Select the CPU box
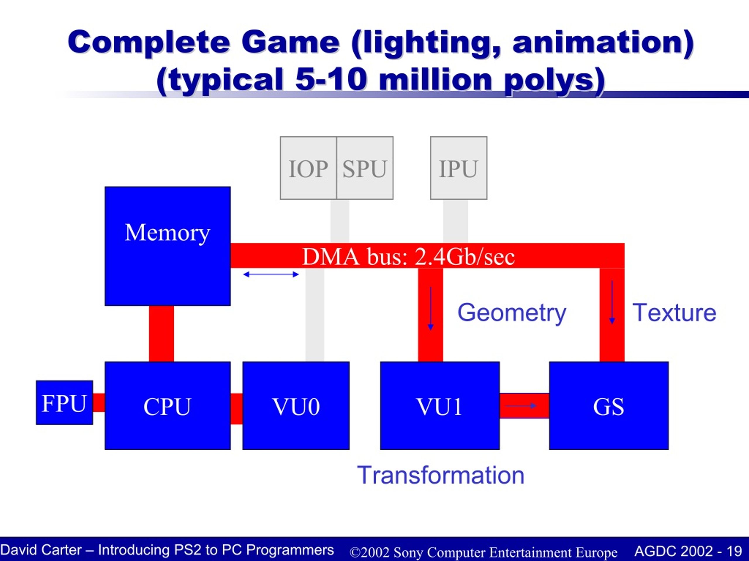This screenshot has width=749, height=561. (168, 406)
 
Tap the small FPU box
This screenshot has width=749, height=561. (64, 402)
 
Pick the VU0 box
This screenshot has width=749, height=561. (296, 406)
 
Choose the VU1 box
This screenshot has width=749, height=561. (440, 406)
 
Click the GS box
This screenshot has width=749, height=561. (609, 406)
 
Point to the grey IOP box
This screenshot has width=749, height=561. (308, 168)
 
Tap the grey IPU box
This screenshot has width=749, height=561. (459, 168)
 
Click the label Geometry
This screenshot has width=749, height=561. (512, 313)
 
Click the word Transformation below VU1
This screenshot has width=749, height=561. (441, 475)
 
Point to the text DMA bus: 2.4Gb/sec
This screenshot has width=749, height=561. (408, 257)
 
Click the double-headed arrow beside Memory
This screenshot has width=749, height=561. (271, 274)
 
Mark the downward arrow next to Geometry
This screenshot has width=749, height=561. (430, 308)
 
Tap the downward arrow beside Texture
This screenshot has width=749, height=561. (612, 302)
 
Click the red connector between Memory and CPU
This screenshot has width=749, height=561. (162, 334)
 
